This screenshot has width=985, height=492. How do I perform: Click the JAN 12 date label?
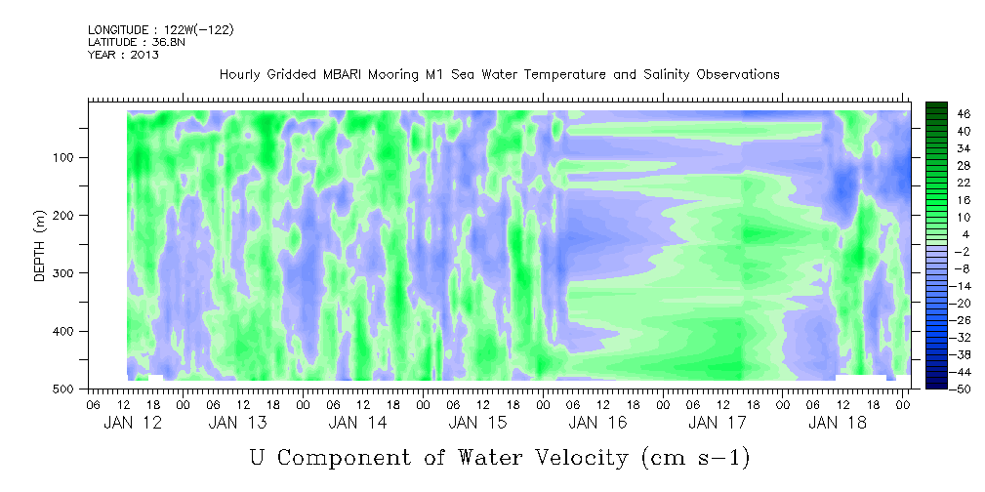pyautogui.click(x=133, y=423)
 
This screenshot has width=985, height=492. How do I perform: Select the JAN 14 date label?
pyautogui.click(x=357, y=423)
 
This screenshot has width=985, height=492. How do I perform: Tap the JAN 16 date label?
pyautogui.click(x=597, y=423)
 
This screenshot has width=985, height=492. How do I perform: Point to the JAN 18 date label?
pyautogui.click(x=838, y=423)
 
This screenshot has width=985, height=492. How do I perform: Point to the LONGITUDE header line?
pyautogui.click(x=161, y=29)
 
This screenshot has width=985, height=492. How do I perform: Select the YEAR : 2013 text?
pyautogui.click(x=123, y=54)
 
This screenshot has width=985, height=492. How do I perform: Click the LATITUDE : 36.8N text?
pyautogui.click(x=137, y=42)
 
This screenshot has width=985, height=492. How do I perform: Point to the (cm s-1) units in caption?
pyautogui.click(x=696, y=459)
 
